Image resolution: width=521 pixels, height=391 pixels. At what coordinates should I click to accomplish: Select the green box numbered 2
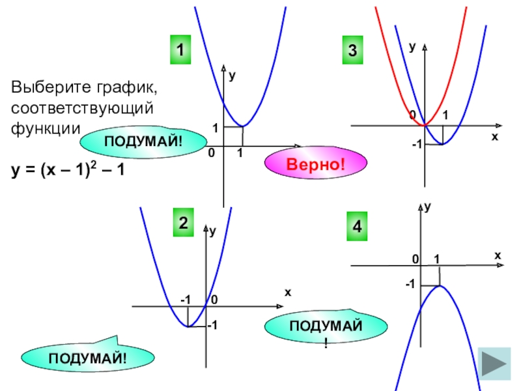[x=184, y=223]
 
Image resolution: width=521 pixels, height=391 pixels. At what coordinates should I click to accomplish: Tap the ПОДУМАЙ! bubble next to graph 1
[x=143, y=141]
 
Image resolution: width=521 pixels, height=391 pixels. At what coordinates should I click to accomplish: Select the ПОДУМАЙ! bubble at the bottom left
[x=88, y=356]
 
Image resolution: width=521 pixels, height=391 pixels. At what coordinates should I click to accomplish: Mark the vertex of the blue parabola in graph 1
[x=242, y=126]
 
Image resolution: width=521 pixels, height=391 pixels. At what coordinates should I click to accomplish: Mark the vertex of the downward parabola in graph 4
[x=440, y=285]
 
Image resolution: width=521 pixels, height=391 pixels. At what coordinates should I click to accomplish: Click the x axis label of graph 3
[x=494, y=137]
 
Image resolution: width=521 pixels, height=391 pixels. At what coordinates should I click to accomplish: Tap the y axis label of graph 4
[x=428, y=208]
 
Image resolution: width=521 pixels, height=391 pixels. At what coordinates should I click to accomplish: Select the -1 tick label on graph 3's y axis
[x=415, y=144]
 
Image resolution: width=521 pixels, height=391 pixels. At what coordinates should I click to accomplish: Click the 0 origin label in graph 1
[x=210, y=153]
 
